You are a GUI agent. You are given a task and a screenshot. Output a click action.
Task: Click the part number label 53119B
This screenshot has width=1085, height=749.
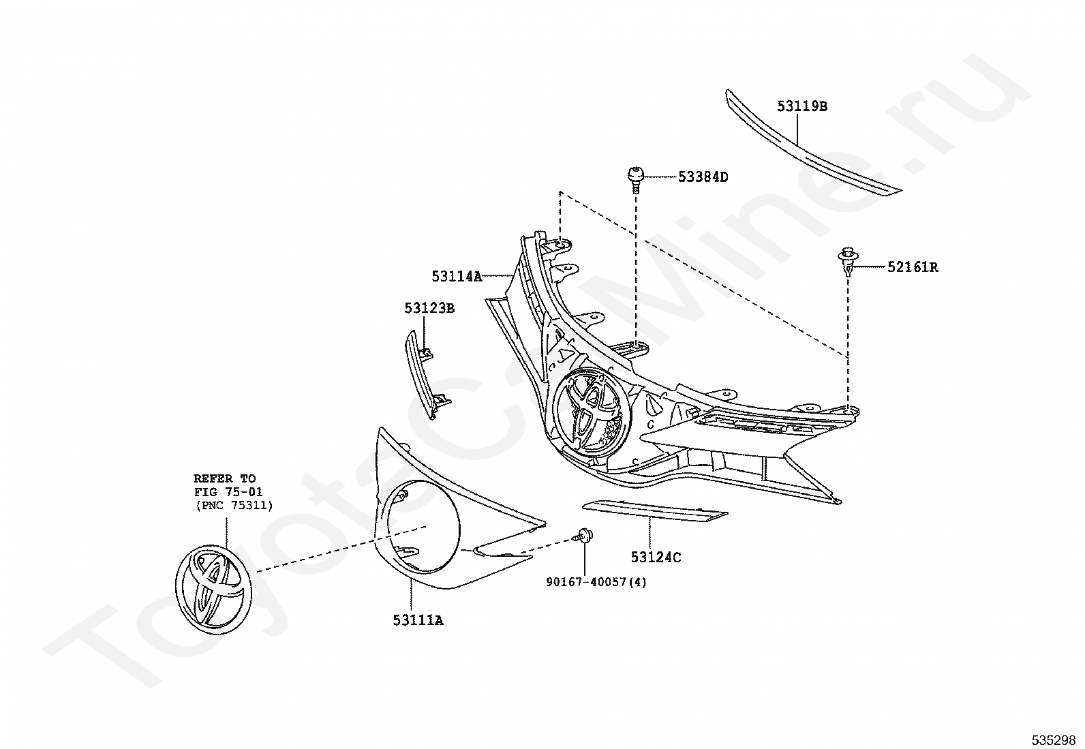pyautogui.click(x=802, y=106)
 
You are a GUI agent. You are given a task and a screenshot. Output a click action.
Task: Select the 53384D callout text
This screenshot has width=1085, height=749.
pyautogui.click(x=703, y=177)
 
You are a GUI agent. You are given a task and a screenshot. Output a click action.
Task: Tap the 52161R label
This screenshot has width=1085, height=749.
pyautogui.click(x=913, y=267)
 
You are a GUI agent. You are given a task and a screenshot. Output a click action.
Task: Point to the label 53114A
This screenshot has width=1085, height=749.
pyautogui.click(x=457, y=276)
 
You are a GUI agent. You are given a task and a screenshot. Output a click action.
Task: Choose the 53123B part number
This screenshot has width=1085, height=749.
pyautogui.click(x=429, y=308)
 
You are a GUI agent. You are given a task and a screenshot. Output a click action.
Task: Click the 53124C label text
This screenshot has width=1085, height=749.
pyautogui.click(x=656, y=557)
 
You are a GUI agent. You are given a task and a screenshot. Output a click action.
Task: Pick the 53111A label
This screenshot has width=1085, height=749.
pyautogui.click(x=418, y=620)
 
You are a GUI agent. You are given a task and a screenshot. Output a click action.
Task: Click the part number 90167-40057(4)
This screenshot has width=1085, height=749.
pyautogui.click(x=596, y=582)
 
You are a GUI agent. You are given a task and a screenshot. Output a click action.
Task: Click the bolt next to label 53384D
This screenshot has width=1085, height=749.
pyautogui.click(x=635, y=179)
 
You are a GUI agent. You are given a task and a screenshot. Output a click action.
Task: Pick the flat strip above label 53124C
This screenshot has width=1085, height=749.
pyautogui.click(x=655, y=512)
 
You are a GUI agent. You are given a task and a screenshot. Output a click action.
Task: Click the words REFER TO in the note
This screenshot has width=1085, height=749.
pyautogui.click(x=225, y=478)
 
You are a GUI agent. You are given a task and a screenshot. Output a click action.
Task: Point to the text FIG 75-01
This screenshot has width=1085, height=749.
pyautogui.click(x=228, y=492)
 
